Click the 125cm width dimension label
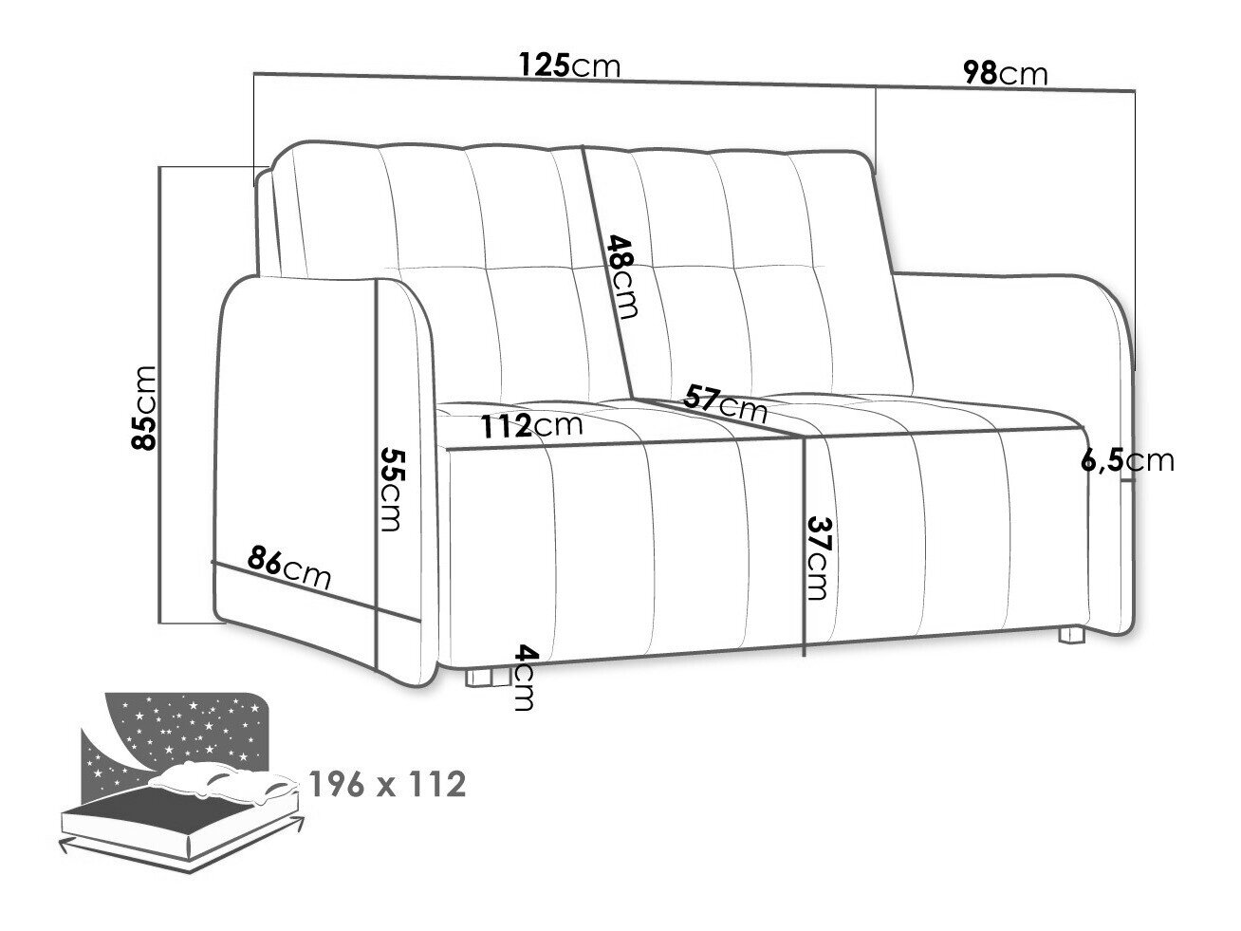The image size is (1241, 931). (569, 66)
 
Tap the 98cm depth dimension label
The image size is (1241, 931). (1005, 73)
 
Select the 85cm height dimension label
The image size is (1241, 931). (147, 408)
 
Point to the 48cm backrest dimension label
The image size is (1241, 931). (623, 275)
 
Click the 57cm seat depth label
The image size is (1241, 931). (726, 403)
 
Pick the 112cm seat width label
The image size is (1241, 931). (530, 426)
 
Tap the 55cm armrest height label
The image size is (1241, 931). (391, 488)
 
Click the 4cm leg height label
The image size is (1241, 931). (524, 678)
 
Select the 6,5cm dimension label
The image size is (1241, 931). (1127, 461)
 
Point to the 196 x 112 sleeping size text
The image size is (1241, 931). (387, 785)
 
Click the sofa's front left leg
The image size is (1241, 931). (484, 677)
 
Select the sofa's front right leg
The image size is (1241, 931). (1071, 634)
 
